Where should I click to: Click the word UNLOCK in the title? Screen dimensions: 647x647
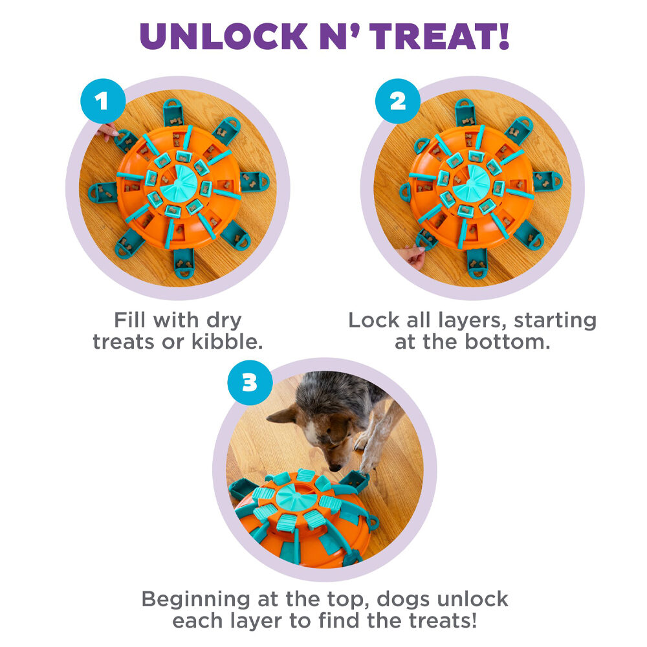click(x=224, y=36)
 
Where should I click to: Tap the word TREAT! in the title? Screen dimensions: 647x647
click(x=439, y=36)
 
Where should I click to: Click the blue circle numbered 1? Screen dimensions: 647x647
click(x=103, y=101)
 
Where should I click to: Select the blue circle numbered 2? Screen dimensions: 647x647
click(x=398, y=101)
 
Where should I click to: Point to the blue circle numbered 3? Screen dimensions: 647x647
click(x=250, y=382)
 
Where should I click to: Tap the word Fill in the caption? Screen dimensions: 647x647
click(x=129, y=320)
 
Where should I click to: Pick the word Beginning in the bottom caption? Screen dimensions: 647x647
click(x=195, y=600)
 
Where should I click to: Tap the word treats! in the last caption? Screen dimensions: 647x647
click(x=443, y=620)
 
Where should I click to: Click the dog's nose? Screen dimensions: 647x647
click(x=334, y=468)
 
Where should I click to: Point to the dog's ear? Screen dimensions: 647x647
click(x=284, y=415)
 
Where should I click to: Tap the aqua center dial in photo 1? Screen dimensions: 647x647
click(x=179, y=183)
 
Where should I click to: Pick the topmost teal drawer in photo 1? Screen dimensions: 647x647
click(x=173, y=112)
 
